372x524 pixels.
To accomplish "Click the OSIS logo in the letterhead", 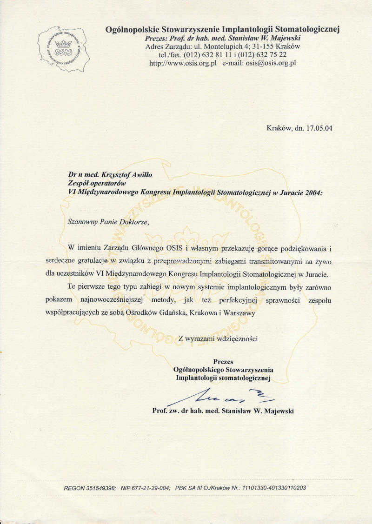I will (x=63, y=49).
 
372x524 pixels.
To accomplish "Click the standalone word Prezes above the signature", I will (x=223, y=361).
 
